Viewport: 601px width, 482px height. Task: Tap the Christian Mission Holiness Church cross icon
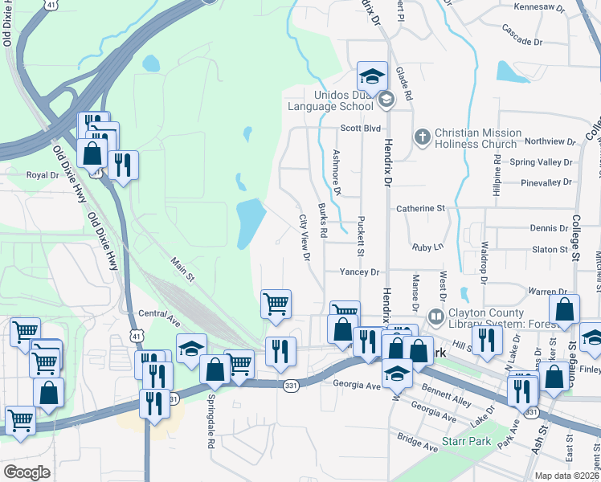click(421, 134)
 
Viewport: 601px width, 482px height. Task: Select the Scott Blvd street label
click(359, 127)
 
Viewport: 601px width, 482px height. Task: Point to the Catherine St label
click(420, 208)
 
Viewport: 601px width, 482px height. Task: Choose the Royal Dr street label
click(43, 174)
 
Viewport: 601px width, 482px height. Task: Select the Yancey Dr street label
click(358, 272)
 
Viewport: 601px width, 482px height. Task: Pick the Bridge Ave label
click(415, 440)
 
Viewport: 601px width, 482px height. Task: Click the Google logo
click(27, 472)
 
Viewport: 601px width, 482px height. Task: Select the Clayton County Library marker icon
click(436, 317)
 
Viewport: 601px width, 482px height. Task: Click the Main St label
click(183, 267)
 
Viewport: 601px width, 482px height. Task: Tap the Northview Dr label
click(549, 141)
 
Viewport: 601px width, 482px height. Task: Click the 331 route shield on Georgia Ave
click(291, 386)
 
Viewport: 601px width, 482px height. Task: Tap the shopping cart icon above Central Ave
click(276, 304)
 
